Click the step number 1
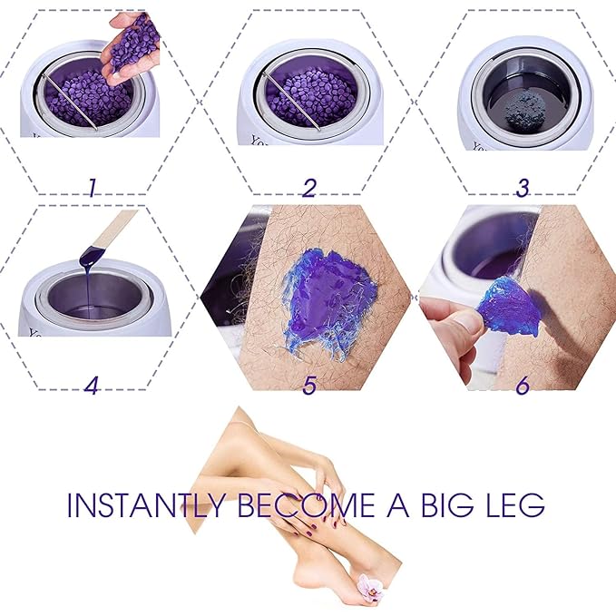pos(92,188)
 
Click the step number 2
pos(309,188)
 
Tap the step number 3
pos(522,188)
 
